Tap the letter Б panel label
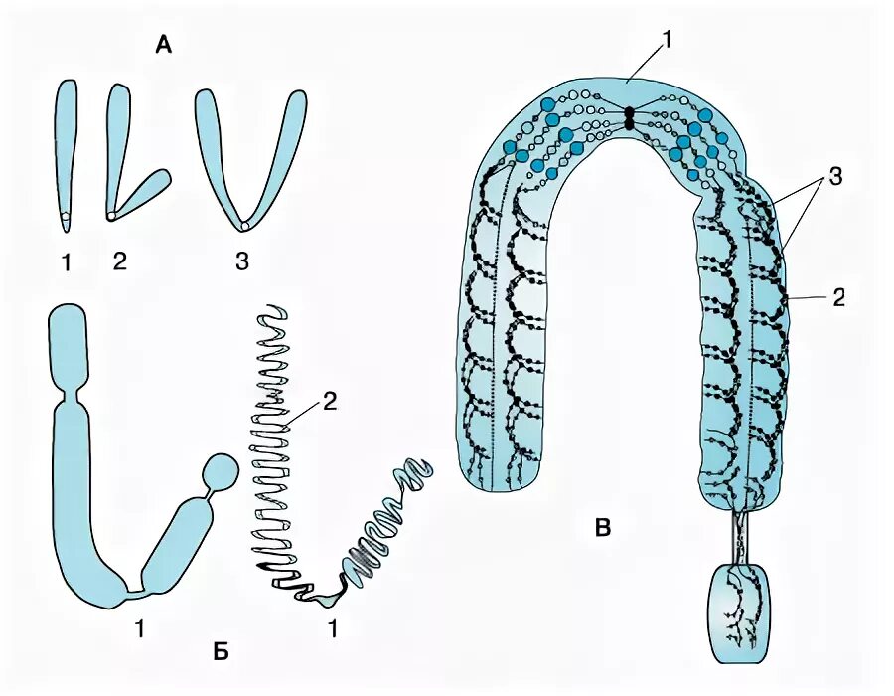pos(221,650)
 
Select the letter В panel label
pos(601,528)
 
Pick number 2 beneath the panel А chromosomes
pos(120,262)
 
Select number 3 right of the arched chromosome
pos(835,176)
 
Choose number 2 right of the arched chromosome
pos(838,297)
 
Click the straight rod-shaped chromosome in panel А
pos(66,149)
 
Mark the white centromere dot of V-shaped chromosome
pos(244,226)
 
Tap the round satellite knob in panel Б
pos(220,470)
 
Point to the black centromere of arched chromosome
pos(629,117)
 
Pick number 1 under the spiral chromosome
pos(334,628)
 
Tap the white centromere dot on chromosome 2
pos(111,214)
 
